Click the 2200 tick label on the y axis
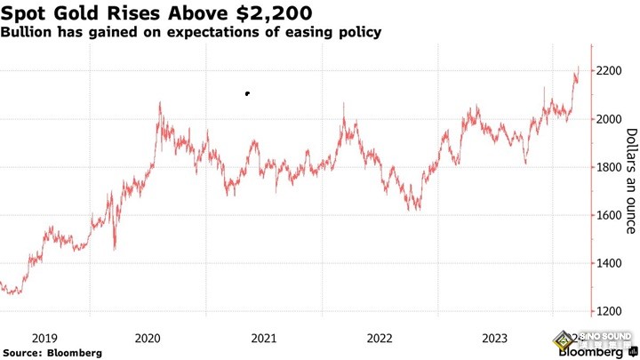(x=612, y=71)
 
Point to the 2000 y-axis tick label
(x=612, y=119)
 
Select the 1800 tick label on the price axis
(x=612, y=167)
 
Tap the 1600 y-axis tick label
(x=612, y=215)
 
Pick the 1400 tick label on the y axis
(x=612, y=263)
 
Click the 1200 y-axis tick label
(x=612, y=311)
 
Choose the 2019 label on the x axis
(x=45, y=338)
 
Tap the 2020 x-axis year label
(x=147, y=338)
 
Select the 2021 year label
(x=263, y=338)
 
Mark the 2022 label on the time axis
(x=380, y=338)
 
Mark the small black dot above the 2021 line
(x=247, y=93)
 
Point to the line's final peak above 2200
(x=579, y=67)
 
